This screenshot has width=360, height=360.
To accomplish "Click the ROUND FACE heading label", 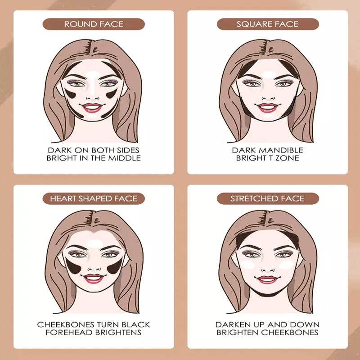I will tap(94, 24).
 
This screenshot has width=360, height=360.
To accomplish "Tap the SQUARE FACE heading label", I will tap(267, 24).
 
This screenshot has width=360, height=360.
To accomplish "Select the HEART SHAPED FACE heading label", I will tap(94, 198).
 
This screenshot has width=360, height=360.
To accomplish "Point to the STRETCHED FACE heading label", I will tap(267, 198).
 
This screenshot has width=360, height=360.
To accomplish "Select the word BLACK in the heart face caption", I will tap(136, 324).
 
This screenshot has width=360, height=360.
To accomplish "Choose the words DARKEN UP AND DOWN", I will tap(267, 324).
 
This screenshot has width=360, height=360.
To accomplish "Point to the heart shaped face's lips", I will tap(94, 278).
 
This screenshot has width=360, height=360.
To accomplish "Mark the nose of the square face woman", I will tap(267, 94).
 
